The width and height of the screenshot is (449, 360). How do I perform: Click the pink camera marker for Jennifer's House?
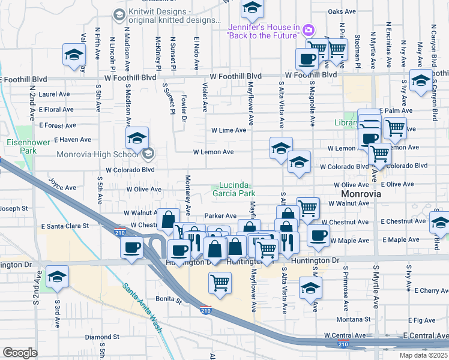coord(309,29)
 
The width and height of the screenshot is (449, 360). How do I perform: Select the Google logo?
coord(20,352)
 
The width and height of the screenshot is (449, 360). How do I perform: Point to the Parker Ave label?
coord(220,216)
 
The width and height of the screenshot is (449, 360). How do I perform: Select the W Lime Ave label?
coord(228,130)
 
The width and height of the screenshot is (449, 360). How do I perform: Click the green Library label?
coord(346,123)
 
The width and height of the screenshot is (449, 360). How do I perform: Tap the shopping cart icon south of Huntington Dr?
coord(220,282)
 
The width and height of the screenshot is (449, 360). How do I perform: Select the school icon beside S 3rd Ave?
coord(58,276)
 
